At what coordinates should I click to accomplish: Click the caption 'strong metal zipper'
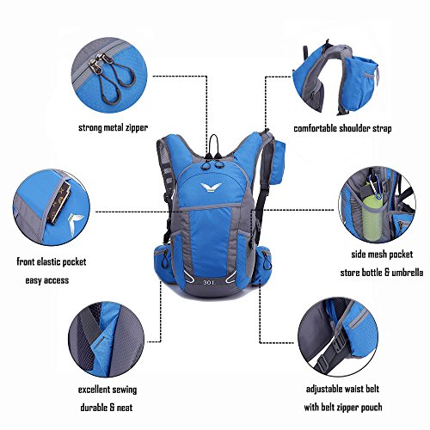[x=114, y=127]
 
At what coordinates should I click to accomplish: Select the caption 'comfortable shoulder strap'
[x=342, y=128]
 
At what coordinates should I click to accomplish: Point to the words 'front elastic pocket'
[x=52, y=261]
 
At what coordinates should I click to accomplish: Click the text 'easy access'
[x=47, y=280]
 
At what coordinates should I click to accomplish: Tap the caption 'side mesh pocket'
[x=382, y=255]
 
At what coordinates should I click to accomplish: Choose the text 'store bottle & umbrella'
[x=382, y=273]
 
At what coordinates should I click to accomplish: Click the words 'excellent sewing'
[x=107, y=390]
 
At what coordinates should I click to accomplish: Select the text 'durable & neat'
[x=107, y=408]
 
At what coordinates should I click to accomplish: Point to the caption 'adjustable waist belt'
[x=342, y=389]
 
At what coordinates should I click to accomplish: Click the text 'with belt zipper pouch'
[x=343, y=407]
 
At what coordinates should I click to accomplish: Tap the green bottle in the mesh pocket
[x=372, y=218]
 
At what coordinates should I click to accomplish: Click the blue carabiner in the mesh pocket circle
[x=377, y=186]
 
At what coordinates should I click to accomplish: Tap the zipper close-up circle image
[x=109, y=75]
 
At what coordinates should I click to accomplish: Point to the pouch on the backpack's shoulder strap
[x=276, y=163]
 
